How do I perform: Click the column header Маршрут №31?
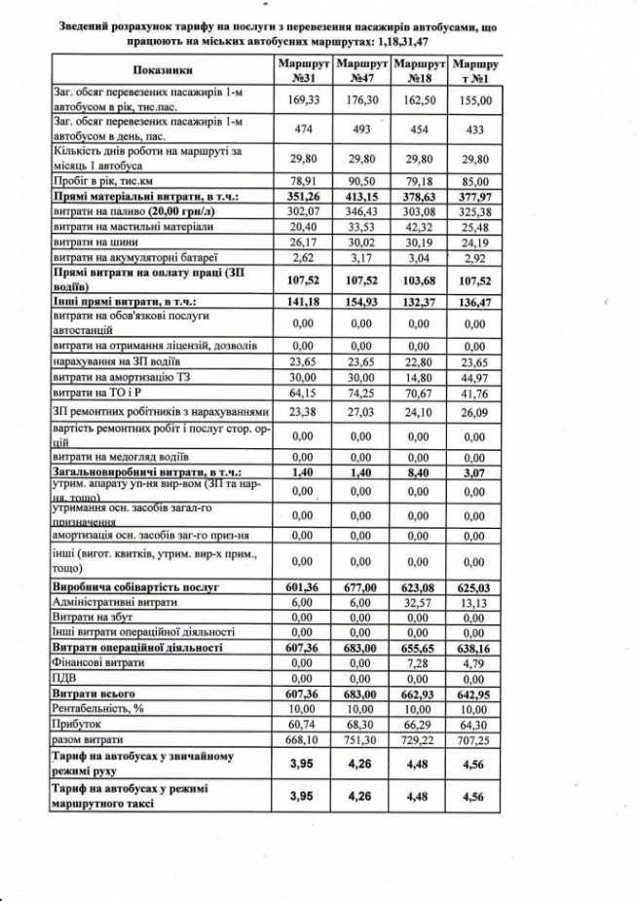point(301,69)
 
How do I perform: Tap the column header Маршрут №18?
point(419,69)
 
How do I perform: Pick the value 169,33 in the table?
point(301,98)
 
